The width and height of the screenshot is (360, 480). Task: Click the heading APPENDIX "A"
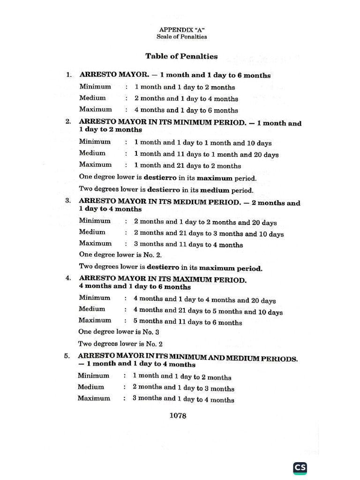(182, 29)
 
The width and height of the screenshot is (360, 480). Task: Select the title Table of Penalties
(181, 56)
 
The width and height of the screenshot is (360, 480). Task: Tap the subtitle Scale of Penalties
(182, 37)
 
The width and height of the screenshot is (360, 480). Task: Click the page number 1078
(178, 416)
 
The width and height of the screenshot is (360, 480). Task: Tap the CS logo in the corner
(300, 468)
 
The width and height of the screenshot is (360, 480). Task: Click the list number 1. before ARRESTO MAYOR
(69, 75)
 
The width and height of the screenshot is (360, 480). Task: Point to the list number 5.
(67, 356)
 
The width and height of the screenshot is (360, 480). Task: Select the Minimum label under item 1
(95, 87)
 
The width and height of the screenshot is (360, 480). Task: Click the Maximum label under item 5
(94, 398)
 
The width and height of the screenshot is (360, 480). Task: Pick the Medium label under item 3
(92, 232)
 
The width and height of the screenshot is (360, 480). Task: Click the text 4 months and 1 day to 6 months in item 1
(186, 111)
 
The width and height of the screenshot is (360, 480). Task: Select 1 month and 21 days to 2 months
(187, 166)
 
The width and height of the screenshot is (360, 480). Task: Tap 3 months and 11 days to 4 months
(188, 245)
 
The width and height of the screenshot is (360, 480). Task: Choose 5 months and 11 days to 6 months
(187, 322)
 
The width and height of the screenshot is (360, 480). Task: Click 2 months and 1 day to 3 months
(183, 389)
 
